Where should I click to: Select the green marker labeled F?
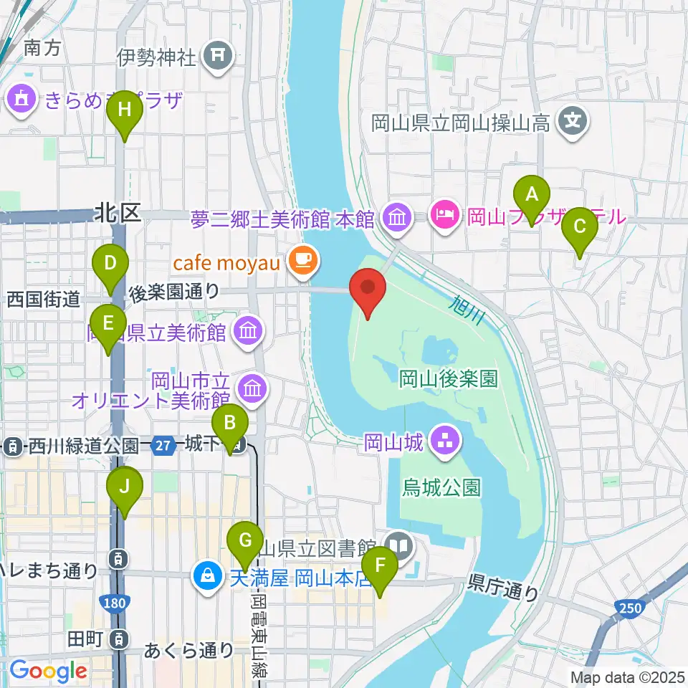[x=381, y=571]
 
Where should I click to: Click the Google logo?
[x=48, y=672]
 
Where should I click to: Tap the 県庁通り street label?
[x=503, y=586]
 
